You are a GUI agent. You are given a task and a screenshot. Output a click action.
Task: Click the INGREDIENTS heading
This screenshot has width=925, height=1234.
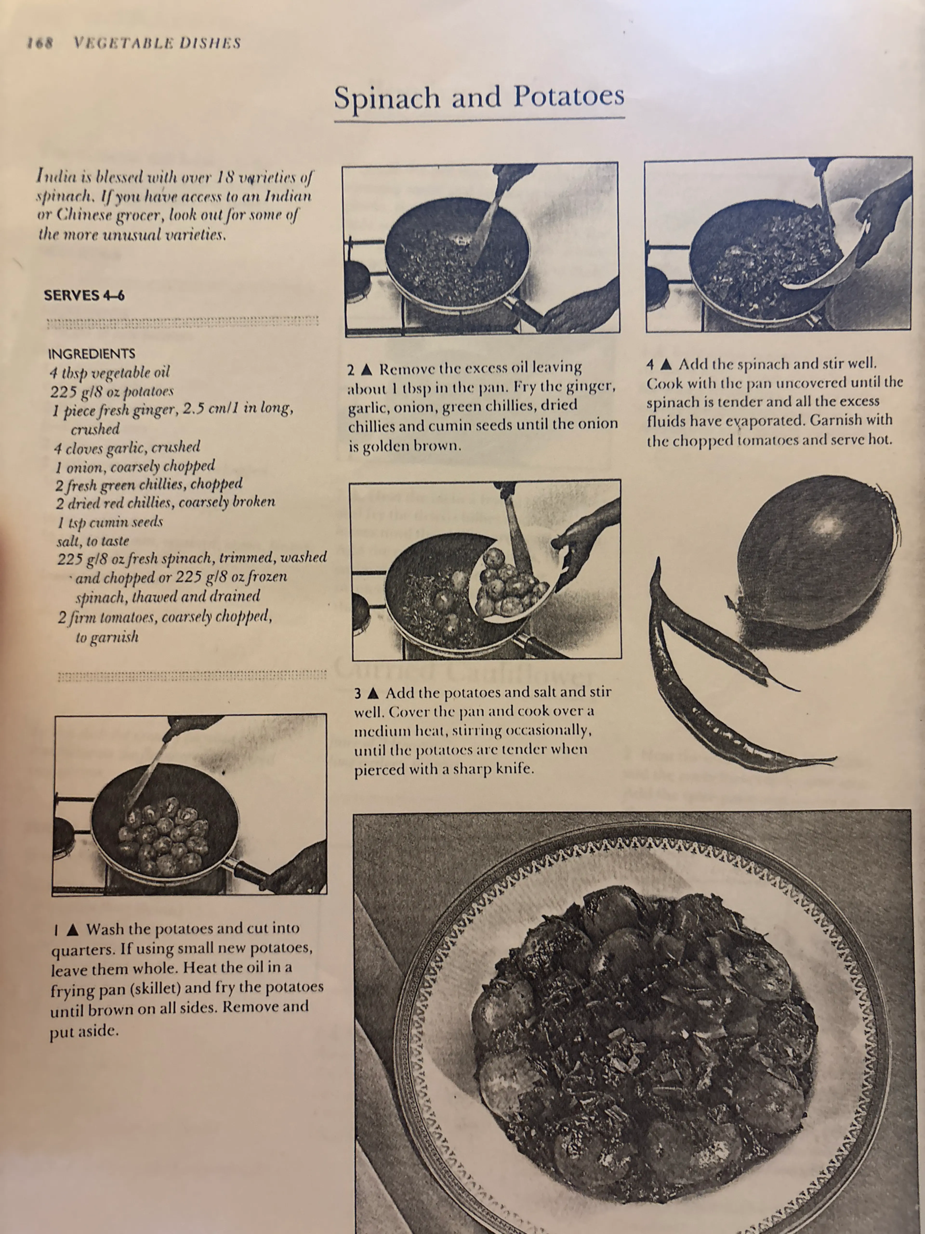(x=92, y=354)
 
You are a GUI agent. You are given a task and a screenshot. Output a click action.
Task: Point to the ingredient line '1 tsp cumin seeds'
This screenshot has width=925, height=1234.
(x=110, y=522)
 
